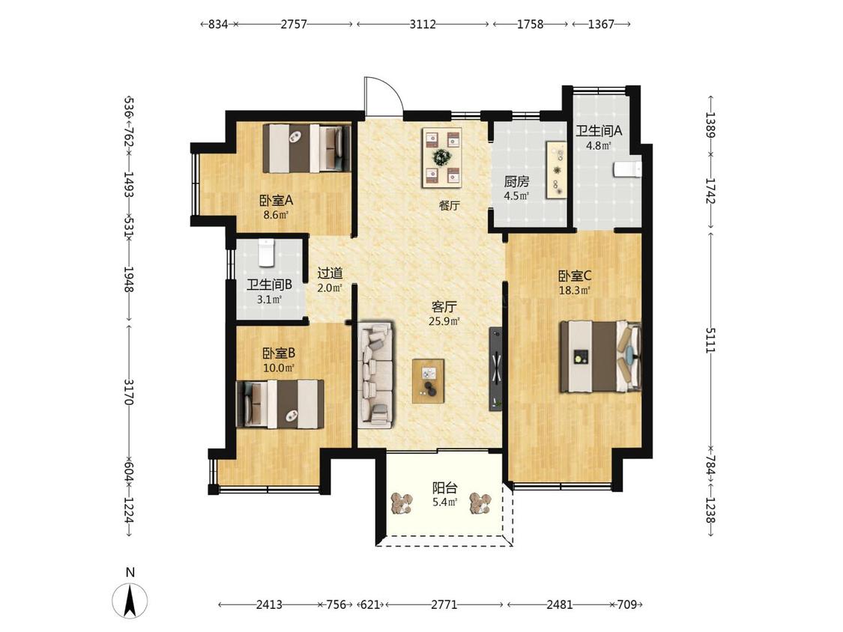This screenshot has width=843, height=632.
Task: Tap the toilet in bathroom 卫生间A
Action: [627, 168]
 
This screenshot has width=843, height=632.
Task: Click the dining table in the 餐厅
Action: [442, 157]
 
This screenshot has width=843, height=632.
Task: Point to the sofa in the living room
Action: [376, 375]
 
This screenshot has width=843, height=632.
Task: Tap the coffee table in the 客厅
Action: [429, 381]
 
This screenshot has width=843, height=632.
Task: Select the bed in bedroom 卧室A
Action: [307, 148]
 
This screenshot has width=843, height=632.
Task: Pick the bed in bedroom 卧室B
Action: [280, 404]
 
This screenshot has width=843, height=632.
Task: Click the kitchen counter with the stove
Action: [557, 171]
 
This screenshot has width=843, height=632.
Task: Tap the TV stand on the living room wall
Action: [496, 369]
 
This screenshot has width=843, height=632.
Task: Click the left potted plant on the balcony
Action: [402, 503]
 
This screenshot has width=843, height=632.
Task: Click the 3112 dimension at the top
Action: [423, 24]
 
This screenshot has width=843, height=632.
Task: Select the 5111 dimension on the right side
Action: [711, 340]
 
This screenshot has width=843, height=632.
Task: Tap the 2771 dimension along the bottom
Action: [444, 604]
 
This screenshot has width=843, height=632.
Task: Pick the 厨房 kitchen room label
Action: [516, 182]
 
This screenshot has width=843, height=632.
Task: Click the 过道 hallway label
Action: [330, 273]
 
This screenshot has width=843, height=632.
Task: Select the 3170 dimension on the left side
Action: [129, 392]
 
